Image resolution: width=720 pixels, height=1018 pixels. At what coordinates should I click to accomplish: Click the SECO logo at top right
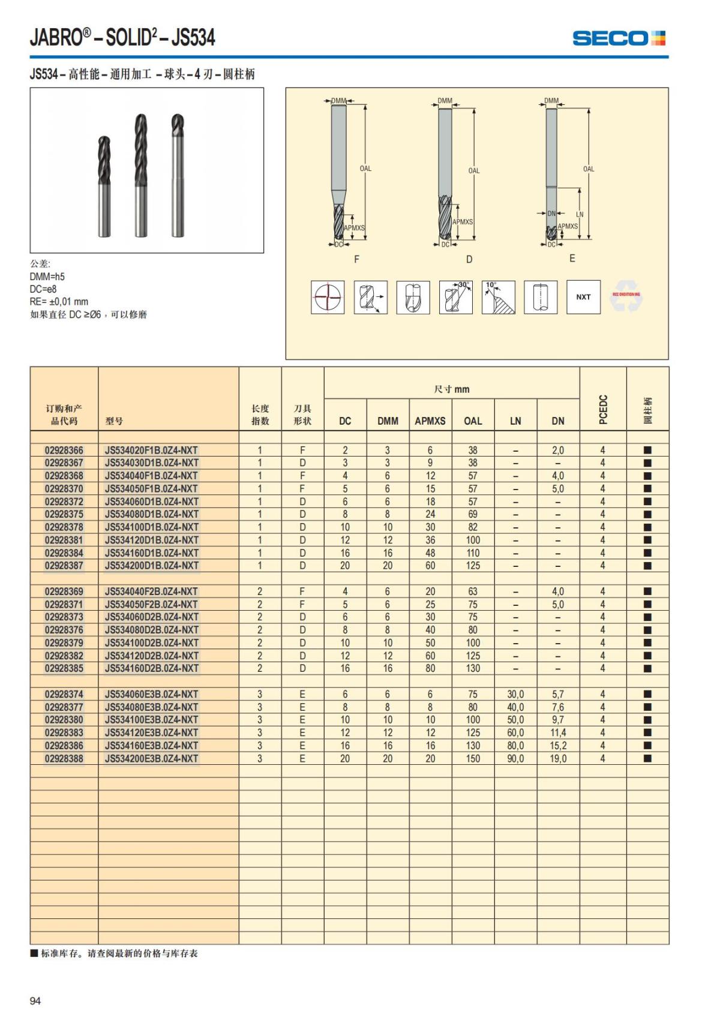(x=619, y=38)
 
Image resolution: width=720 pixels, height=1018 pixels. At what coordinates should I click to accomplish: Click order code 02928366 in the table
(x=64, y=450)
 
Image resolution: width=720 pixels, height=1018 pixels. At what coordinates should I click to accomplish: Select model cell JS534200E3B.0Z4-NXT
(x=151, y=758)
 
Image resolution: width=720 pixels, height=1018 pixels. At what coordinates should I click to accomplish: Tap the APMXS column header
(x=430, y=421)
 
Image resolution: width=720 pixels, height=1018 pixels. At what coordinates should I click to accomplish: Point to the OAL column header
(x=473, y=421)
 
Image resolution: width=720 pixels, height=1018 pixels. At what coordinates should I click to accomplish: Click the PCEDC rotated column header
(x=603, y=409)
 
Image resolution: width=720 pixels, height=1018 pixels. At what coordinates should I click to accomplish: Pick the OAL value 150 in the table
(x=473, y=758)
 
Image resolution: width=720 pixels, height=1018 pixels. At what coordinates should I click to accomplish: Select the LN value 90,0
(x=515, y=758)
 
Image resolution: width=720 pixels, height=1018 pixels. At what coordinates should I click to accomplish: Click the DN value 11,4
(x=558, y=732)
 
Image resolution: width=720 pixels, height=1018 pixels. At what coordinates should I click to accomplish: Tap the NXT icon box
(x=583, y=297)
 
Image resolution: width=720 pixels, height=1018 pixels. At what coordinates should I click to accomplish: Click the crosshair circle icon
(x=328, y=297)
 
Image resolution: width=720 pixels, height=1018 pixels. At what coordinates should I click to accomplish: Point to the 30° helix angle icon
(x=456, y=297)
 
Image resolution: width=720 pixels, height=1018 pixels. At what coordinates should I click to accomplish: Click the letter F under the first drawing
(x=357, y=259)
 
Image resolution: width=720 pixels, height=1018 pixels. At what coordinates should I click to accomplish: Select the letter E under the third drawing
(x=572, y=259)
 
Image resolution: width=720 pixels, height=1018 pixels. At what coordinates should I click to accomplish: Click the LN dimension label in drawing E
(x=580, y=214)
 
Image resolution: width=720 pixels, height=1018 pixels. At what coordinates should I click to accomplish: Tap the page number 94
(x=35, y=1001)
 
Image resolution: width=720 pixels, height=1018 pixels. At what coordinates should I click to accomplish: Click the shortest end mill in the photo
(x=105, y=186)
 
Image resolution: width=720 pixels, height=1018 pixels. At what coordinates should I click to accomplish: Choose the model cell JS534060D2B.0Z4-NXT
(x=151, y=617)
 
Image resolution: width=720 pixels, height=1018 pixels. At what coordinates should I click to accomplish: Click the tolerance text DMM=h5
(x=47, y=277)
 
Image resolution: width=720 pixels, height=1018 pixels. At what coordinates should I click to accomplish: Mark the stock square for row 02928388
(x=647, y=758)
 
